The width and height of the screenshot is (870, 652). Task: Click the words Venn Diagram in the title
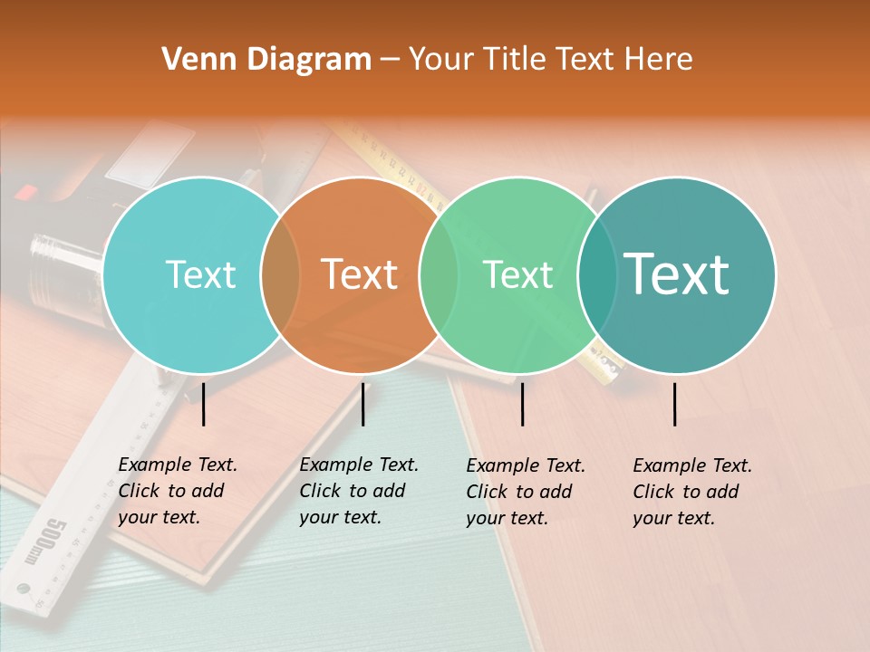(266, 60)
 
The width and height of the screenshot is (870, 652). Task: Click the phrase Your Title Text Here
(550, 60)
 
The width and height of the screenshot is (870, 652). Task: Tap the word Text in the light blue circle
(200, 274)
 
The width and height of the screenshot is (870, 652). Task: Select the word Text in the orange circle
(360, 274)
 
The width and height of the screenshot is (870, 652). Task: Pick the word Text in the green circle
(517, 274)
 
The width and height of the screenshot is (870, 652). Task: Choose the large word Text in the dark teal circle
(676, 274)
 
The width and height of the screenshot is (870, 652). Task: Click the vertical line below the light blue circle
(204, 404)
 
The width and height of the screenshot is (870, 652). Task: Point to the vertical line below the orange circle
(362, 404)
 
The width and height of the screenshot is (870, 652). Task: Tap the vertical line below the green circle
(523, 404)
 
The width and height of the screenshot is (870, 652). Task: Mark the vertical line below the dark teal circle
(675, 404)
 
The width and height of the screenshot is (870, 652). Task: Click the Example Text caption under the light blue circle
(178, 491)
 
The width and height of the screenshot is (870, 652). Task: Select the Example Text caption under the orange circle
(359, 491)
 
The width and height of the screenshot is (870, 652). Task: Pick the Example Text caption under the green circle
(526, 492)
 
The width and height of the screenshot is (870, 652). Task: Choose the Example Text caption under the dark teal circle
(692, 492)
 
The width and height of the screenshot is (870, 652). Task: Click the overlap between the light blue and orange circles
(280, 275)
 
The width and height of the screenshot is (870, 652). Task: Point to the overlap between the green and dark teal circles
(597, 275)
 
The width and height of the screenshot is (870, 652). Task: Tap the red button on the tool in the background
(25, 192)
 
